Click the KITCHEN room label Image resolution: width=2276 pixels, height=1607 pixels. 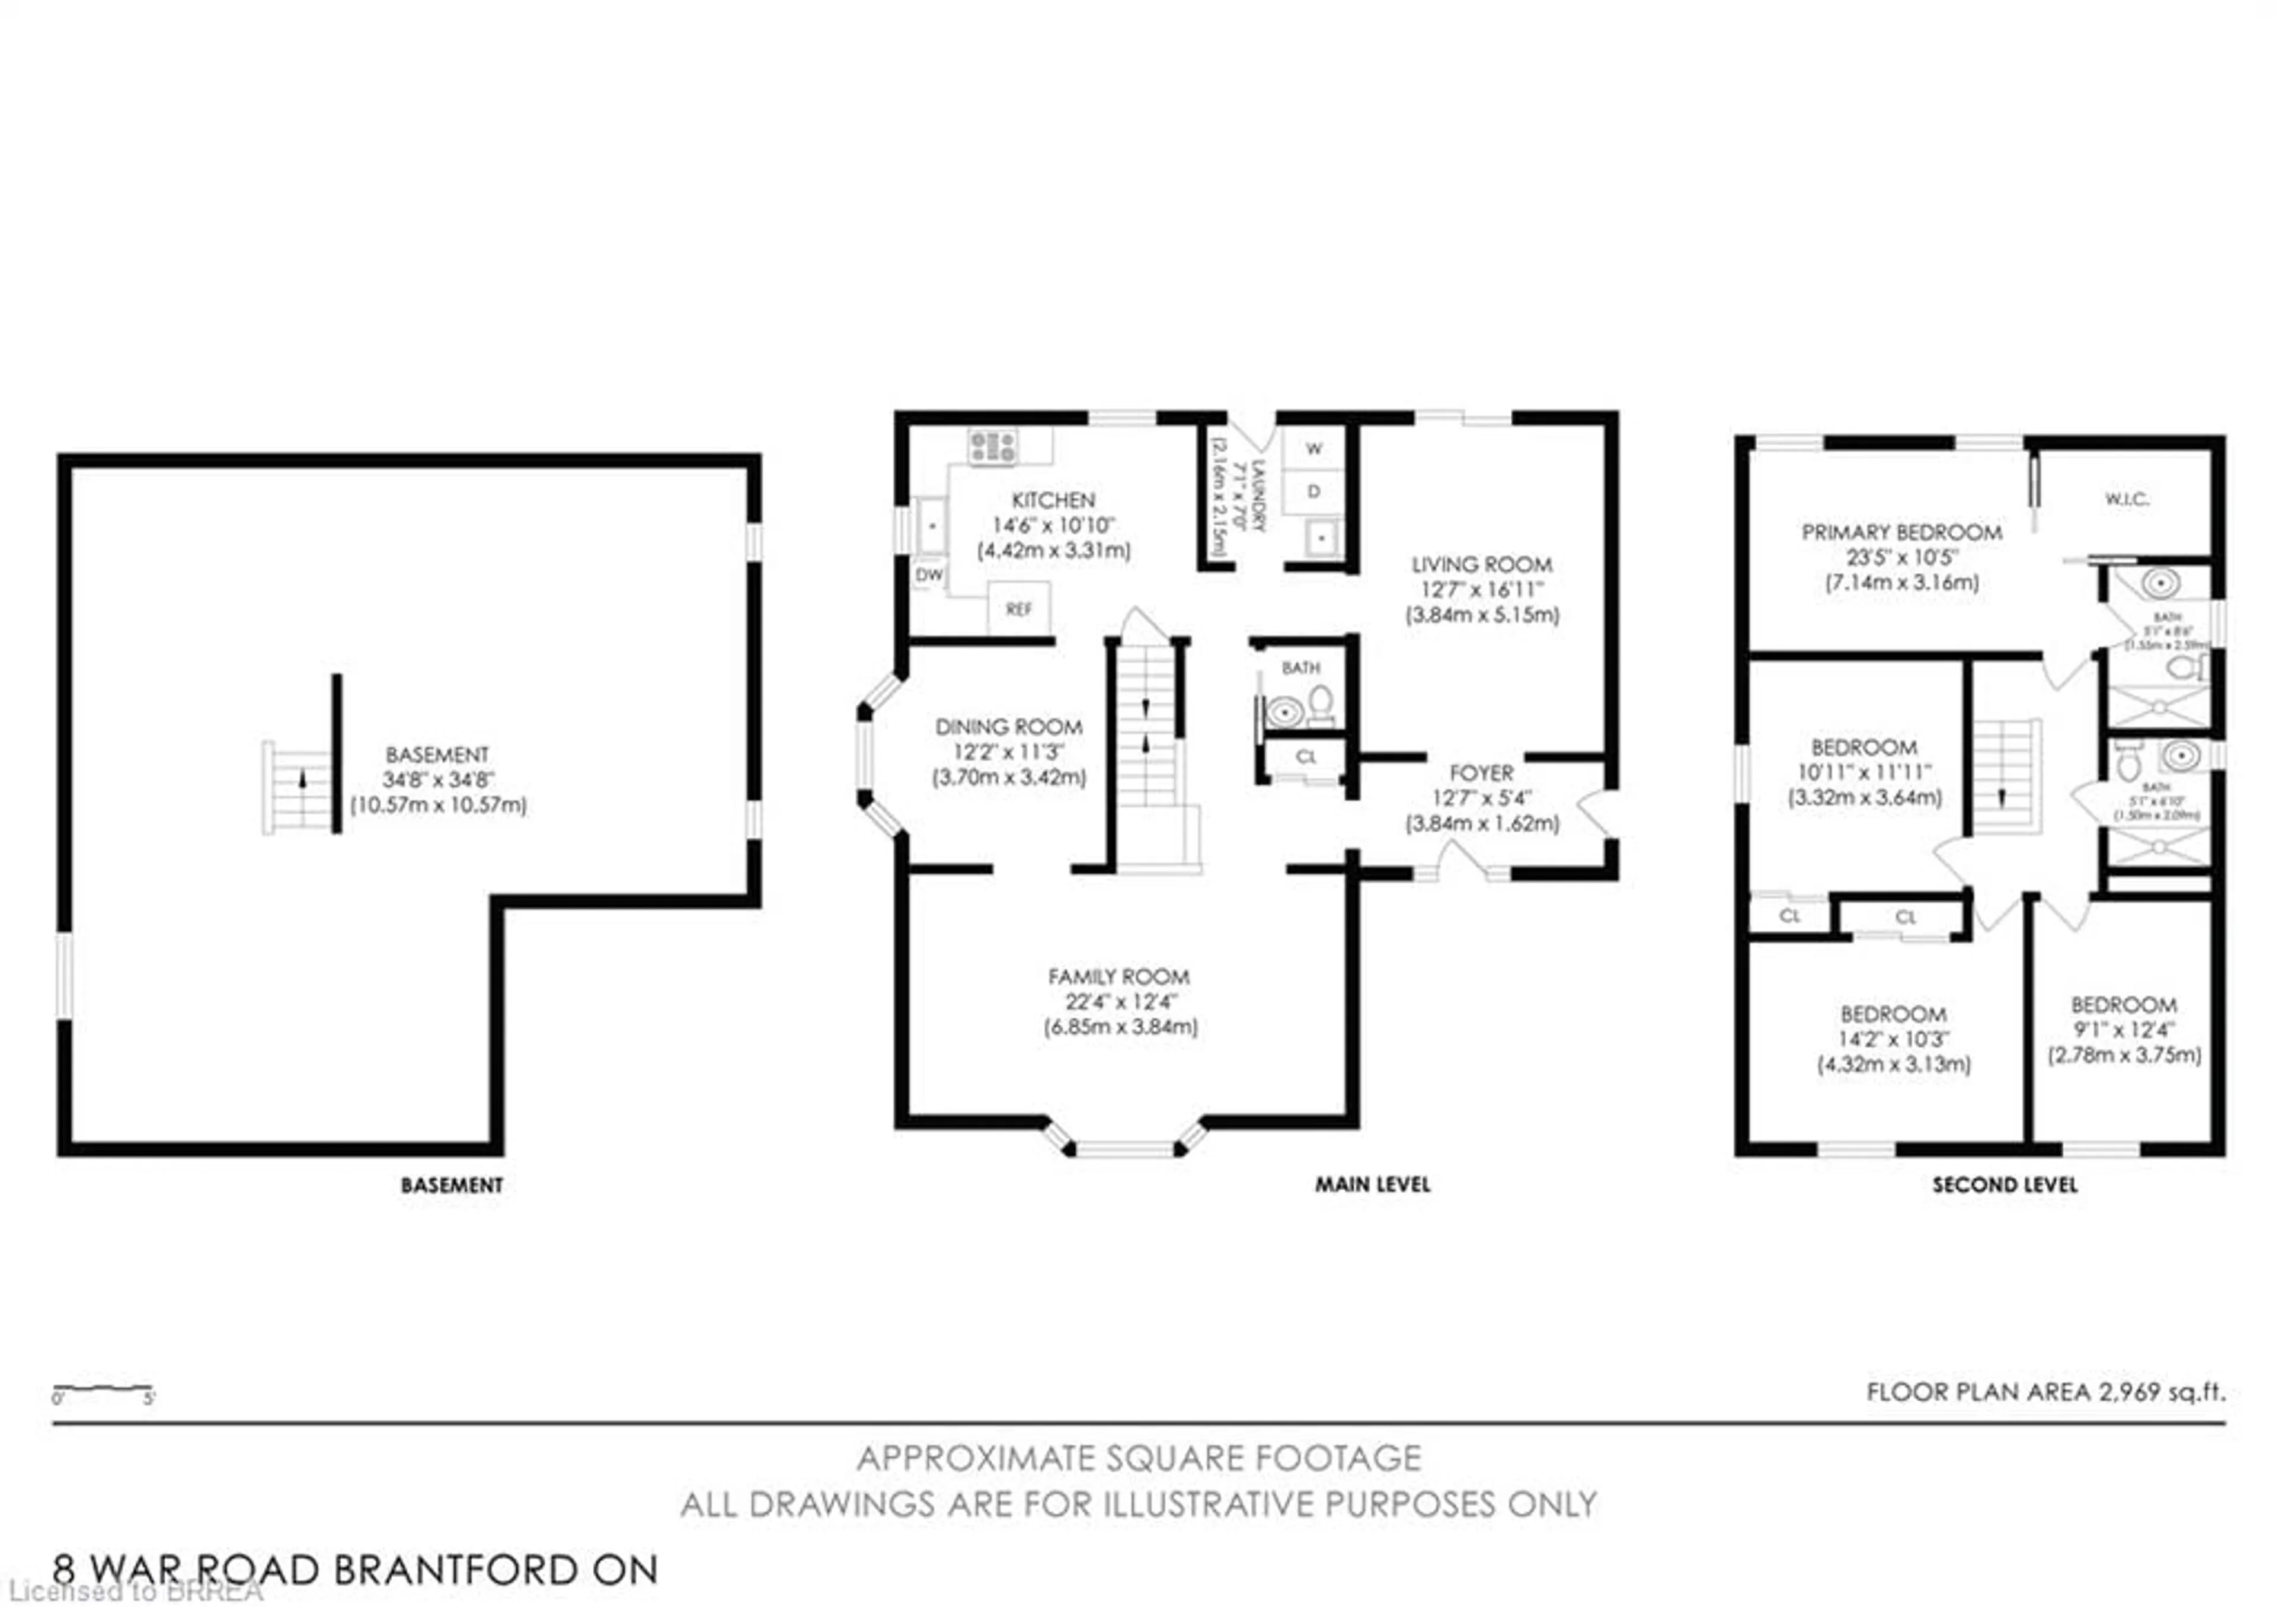[x=1053, y=501]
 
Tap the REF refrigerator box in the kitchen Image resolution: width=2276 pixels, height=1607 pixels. [x=1018, y=609]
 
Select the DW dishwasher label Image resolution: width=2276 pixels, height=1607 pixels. [x=929, y=575]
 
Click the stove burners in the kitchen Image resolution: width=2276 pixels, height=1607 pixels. [x=992, y=446]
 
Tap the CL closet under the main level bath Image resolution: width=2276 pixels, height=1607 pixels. [x=1306, y=758]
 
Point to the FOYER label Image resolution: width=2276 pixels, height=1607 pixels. [x=1481, y=773]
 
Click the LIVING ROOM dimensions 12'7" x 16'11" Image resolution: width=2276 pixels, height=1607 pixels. [x=1481, y=590]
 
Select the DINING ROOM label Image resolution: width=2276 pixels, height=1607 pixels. [x=1008, y=727]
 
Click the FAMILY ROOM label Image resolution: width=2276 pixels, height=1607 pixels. [x=1118, y=976]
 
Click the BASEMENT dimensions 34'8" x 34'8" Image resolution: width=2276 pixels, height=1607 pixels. [x=438, y=780]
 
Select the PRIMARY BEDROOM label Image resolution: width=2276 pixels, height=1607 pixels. [x=1901, y=532]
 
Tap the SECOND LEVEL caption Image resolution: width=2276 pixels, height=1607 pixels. [x=2005, y=1185]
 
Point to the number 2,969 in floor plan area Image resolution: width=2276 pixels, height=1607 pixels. [x=2129, y=1392]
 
